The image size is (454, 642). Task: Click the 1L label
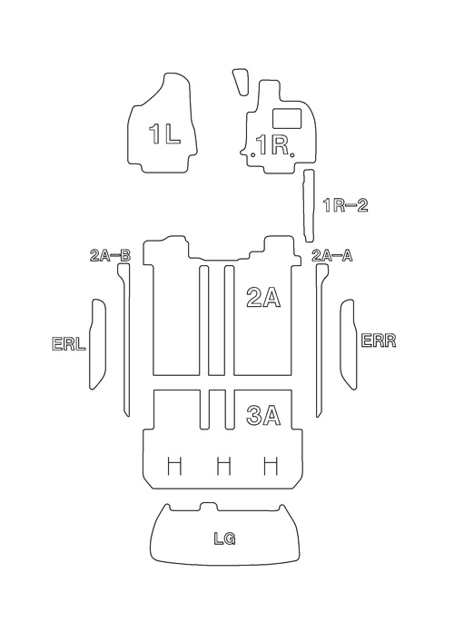point(164,133)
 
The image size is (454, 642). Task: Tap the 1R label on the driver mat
point(273,144)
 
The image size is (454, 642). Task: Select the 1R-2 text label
point(346,205)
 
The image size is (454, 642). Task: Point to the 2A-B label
point(110,256)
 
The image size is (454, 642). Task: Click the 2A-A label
point(332,256)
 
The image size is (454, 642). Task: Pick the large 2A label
point(263,297)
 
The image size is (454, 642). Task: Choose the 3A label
point(263,415)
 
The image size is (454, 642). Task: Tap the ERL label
point(69,344)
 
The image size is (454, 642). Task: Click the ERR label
point(379,341)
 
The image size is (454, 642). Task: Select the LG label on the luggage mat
point(225,538)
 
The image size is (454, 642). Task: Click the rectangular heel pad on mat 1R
point(287,117)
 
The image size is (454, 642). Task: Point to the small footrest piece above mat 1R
point(241,82)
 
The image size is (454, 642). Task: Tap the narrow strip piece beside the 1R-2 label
point(309,206)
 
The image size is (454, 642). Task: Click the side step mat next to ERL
point(98,344)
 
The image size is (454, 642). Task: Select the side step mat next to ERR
point(349,344)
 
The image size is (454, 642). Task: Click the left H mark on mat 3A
point(175,467)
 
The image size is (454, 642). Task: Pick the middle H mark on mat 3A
point(223,467)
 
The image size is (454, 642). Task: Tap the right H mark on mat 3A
point(271,467)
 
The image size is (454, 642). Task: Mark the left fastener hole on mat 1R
point(254,154)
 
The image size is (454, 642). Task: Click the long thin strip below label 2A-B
point(125,340)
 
